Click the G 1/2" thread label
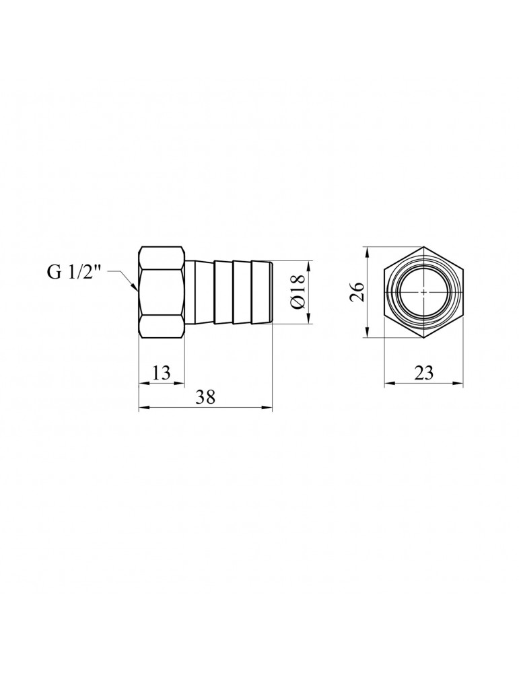coord(74,273)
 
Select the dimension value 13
coord(160,372)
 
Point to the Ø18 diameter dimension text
coord(298,293)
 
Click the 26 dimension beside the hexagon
coord(357,292)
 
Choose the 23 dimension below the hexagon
coord(423,372)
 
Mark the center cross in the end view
coord(423,293)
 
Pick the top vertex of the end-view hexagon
coord(423,248)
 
